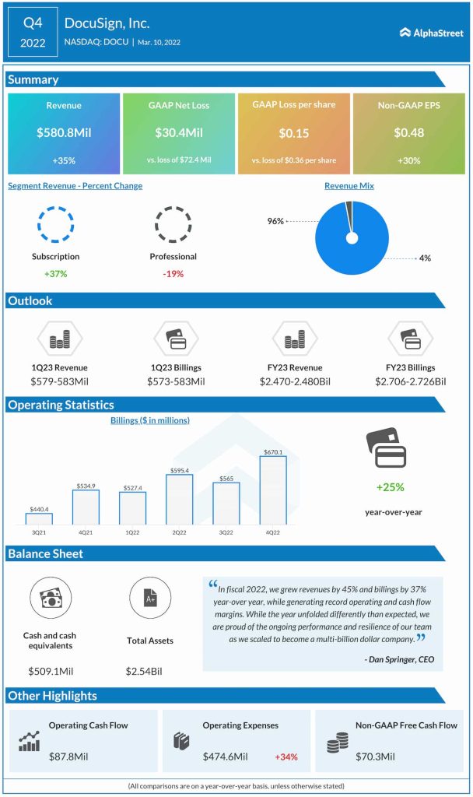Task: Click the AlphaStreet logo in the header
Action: pos(431,33)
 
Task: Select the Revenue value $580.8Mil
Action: pos(64,133)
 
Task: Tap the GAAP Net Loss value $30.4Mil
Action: pos(178,133)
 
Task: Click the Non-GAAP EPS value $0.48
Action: pos(408,133)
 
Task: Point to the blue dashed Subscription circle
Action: pos(55,224)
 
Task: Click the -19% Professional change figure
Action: pos(173,273)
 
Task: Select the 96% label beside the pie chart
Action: pos(275,221)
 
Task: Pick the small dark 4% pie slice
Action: pos(349,207)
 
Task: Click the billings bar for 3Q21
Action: pos(39,518)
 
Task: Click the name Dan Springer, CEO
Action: pos(398,659)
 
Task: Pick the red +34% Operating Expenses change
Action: pos(287,756)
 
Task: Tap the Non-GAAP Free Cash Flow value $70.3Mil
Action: pos(377,756)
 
